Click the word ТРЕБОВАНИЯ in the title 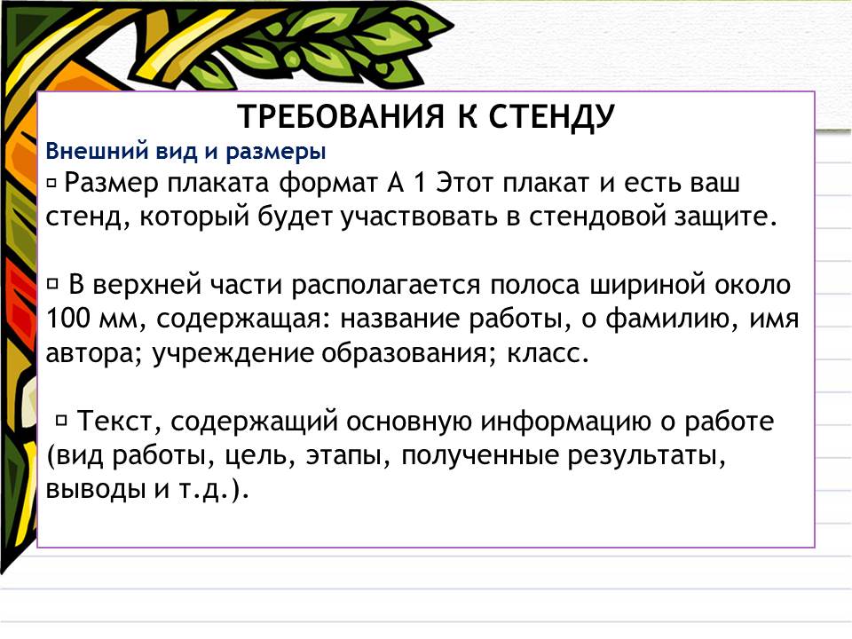point(341,115)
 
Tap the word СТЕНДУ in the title point(551,117)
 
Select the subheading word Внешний point(97,151)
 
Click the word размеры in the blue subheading point(275,152)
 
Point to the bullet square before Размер point(51,184)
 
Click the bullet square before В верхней point(52,283)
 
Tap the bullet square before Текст point(61,419)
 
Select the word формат point(328,183)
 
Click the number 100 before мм point(67,318)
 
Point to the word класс point(548,354)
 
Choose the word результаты point(647,456)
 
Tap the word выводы point(96,490)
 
